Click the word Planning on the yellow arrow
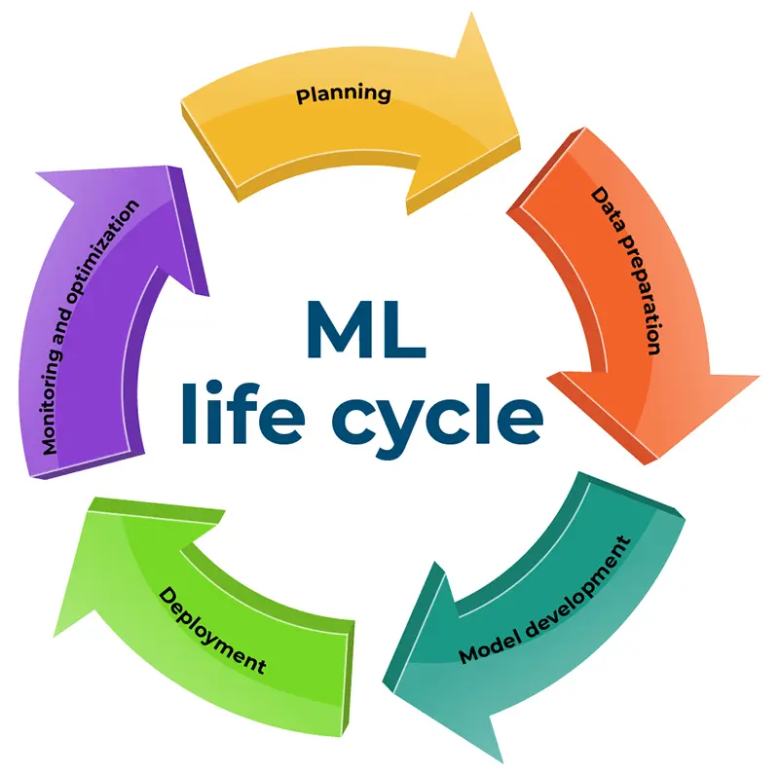click(344, 94)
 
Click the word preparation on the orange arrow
click(641, 293)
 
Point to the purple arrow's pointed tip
click(152, 166)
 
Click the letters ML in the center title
click(365, 331)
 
